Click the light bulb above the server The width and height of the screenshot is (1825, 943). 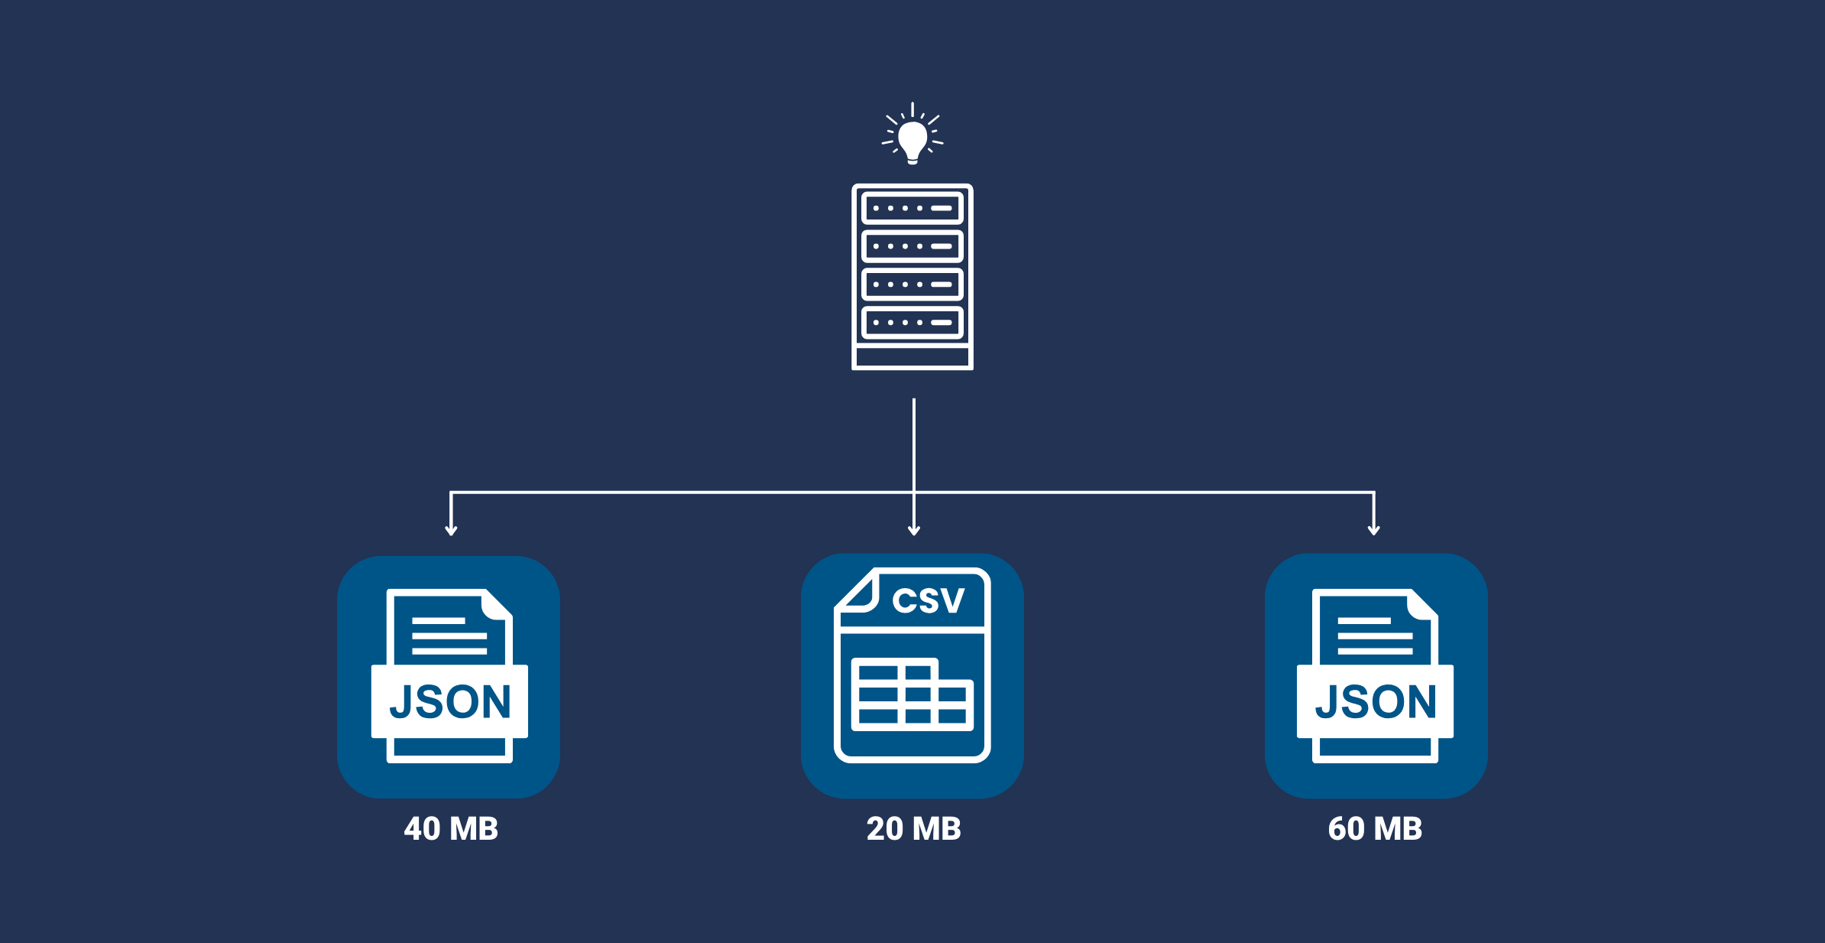pos(912,140)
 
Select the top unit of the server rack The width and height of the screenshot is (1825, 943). pos(912,208)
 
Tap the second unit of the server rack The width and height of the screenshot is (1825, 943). pos(912,246)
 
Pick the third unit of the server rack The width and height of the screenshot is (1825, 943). pos(912,285)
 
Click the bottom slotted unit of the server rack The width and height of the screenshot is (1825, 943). pos(912,323)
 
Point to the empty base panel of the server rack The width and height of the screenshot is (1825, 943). pos(912,357)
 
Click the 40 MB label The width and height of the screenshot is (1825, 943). pos(451,829)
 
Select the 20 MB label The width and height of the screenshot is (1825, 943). pos(913,829)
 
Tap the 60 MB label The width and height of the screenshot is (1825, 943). pos(1375,829)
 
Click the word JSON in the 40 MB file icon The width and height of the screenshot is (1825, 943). pos(450,702)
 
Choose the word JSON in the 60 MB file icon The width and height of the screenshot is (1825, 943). pos(1376,702)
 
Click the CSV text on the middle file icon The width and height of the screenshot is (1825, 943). pos(929,600)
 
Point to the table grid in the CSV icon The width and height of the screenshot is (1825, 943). pos(912,694)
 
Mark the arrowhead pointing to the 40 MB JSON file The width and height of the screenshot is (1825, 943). pos(451,530)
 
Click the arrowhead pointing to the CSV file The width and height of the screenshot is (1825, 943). pos(914,530)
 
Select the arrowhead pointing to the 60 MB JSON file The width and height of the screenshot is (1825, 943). pos(1374,530)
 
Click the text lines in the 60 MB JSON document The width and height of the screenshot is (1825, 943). pos(1375,636)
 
